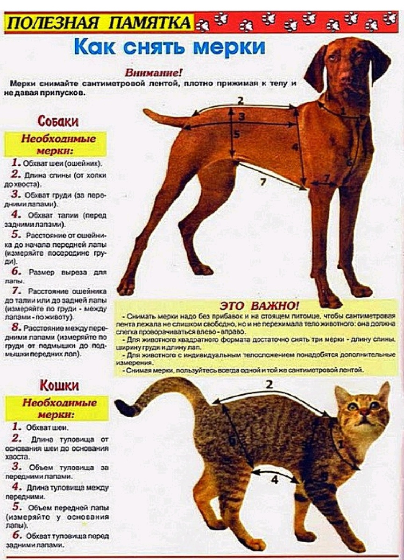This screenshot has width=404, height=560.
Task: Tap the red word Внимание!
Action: click(x=154, y=73)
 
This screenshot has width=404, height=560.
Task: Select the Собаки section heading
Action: click(x=58, y=122)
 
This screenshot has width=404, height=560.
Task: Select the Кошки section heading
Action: click(x=59, y=385)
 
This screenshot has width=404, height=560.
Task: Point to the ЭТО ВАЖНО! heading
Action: click(x=260, y=306)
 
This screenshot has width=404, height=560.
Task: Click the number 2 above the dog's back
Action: click(x=241, y=100)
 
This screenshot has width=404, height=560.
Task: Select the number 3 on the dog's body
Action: click(x=242, y=116)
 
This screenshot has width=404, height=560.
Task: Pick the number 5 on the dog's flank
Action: click(x=237, y=135)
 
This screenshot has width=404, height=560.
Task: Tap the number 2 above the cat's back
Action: click(x=269, y=385)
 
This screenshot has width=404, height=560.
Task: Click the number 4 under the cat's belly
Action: click(x=274, y=479)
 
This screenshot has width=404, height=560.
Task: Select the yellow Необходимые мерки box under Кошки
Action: click(x=60, y=408)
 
